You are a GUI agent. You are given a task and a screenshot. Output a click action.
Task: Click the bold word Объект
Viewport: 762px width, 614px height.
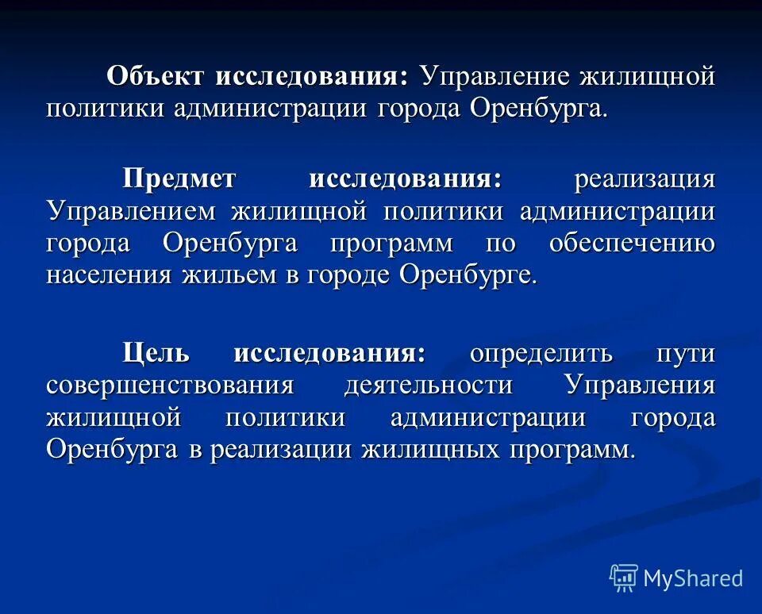156,76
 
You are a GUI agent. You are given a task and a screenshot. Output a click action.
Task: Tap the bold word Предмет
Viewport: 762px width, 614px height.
179,179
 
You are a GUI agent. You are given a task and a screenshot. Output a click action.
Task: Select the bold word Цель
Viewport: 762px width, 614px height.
156,352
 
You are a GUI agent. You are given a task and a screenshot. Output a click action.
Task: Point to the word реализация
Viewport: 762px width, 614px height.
644,179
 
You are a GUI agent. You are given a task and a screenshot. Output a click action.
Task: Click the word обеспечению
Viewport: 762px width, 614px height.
632,243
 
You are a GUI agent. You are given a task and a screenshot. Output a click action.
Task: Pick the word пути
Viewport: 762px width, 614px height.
686,352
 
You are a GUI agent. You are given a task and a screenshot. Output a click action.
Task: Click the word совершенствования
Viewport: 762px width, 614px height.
170,385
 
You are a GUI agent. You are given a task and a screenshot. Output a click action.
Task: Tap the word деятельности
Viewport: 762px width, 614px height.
429,385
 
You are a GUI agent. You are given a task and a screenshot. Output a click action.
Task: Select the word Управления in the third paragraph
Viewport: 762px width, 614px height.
640,385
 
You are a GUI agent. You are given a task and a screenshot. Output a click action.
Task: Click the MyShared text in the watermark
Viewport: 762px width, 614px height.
692,578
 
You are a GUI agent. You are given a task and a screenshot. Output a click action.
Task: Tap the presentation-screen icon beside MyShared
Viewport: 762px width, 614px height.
624,578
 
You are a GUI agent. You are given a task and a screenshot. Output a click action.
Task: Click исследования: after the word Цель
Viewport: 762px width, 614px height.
329,352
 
